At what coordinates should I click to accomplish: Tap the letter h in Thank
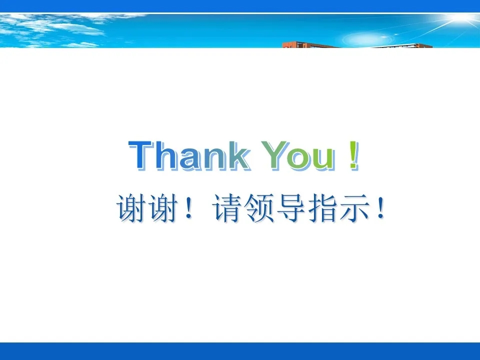(x=167, y=154)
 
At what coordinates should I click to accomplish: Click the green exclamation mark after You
(x=354, y=155)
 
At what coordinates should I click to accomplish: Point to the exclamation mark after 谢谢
(x=188, y=208)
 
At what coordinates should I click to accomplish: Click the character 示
(x=355, y=208)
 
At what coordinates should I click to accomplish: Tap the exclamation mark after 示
(x=381, y=208)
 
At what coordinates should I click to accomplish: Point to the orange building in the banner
(x=356, y=45)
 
